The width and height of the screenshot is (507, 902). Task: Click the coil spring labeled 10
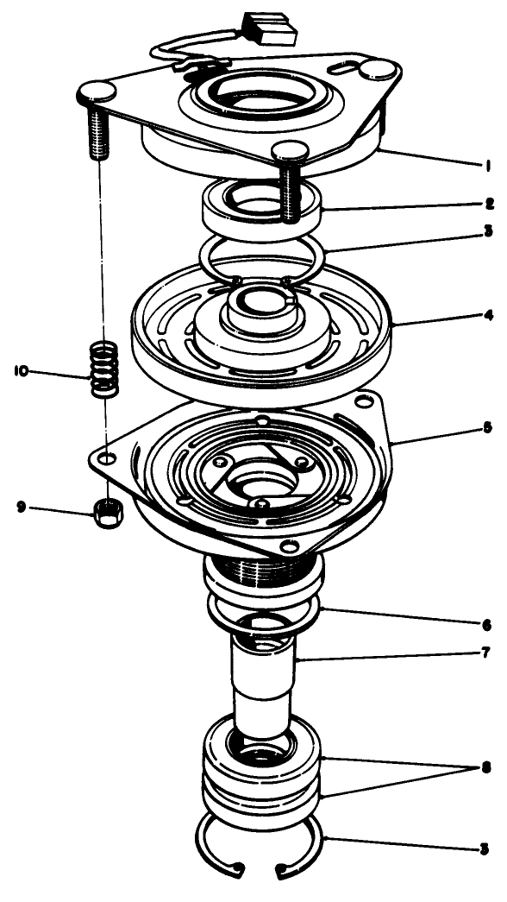[103, 369]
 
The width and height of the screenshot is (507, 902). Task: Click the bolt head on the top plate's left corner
[101, 89]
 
